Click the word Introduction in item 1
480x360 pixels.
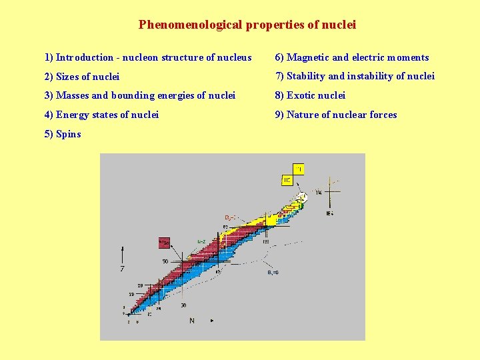(x=84, y=57)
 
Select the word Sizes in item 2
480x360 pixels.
(x=70, y=77)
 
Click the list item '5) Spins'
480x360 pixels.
(x=63, y=134)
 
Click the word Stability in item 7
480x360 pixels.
(x=305, y=76)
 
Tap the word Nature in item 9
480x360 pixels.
(x=303, y=115)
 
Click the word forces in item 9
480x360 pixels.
(x=383, y=115)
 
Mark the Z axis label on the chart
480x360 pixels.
(x=122, y=269)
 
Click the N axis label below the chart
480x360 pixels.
(x=192, y=321)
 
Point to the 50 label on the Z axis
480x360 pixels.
(x=165, y=261)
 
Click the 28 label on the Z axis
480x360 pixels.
(x=140, y=285)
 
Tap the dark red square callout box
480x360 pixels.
(x=164, y=243)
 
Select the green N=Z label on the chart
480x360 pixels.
(x=201, y=241)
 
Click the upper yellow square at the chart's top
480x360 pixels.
(x=299, y=169)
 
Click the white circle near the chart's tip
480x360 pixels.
(x=301, y=197)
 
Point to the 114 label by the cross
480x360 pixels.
(x=319, y=193)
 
